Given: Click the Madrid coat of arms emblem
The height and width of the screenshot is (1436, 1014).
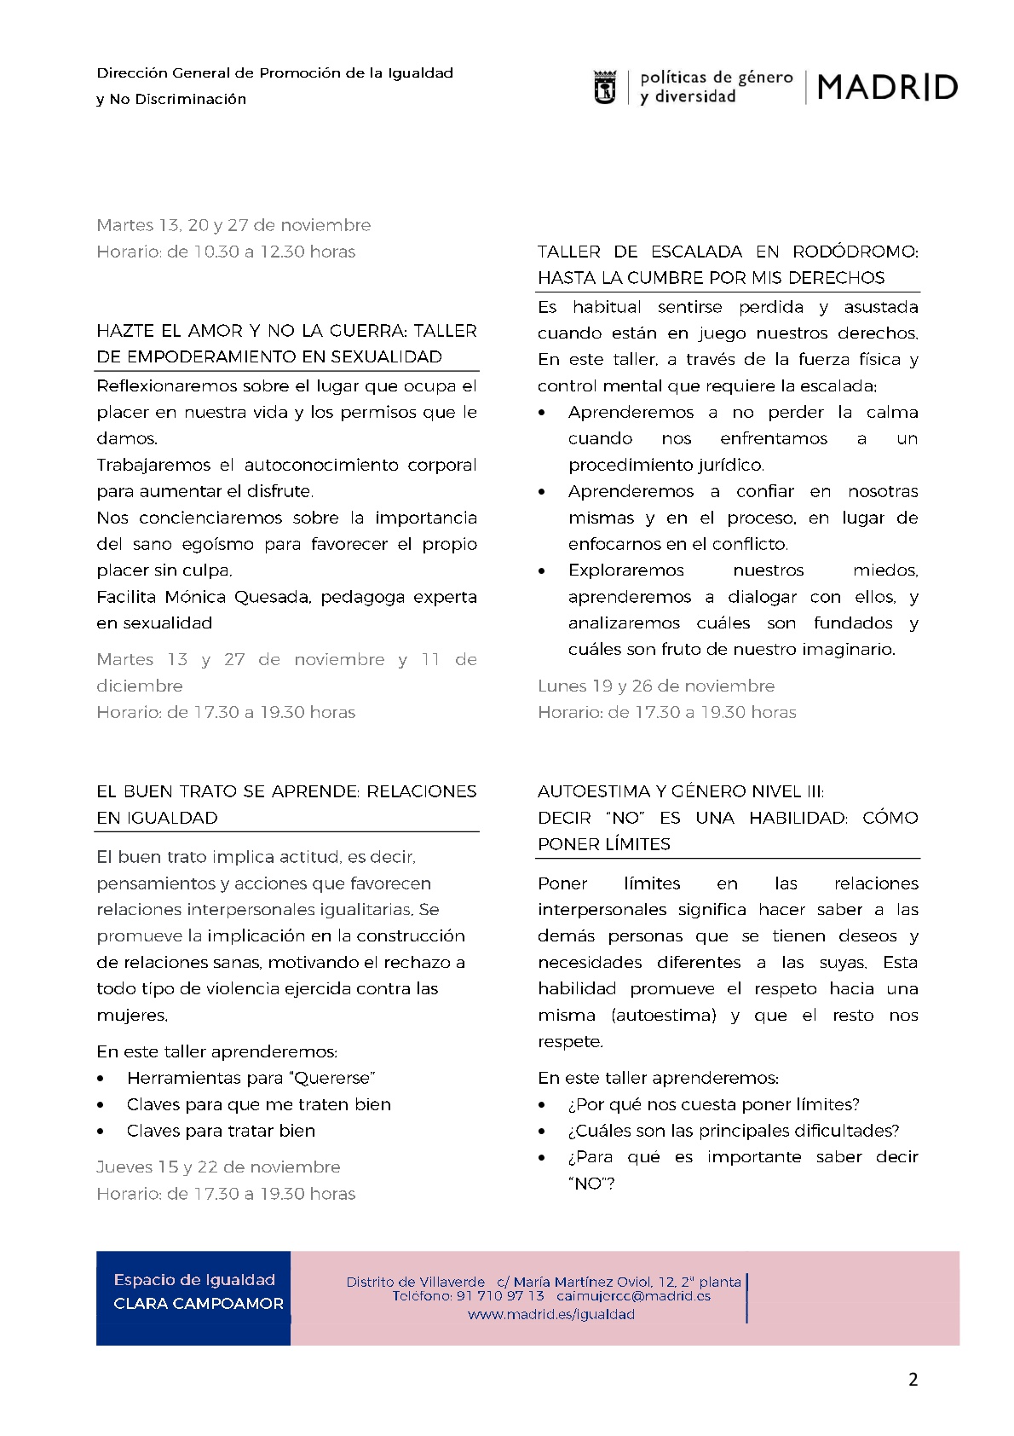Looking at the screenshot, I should [604, 88].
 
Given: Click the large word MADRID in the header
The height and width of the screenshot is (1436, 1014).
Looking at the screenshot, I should [887, 87].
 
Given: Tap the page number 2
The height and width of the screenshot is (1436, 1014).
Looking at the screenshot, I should [913, 1380].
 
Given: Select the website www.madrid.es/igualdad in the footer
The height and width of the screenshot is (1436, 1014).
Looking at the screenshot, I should [551, 1314].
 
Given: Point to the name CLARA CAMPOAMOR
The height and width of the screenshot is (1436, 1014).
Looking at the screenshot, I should [199, 1304].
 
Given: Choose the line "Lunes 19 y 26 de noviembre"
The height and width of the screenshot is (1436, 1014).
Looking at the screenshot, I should [656, 686].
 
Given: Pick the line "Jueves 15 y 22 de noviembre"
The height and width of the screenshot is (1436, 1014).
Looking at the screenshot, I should [218, 1167].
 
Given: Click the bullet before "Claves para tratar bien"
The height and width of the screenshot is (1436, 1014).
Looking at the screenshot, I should [102, 1132].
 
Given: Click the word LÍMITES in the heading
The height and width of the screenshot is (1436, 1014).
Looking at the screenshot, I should [637, 844].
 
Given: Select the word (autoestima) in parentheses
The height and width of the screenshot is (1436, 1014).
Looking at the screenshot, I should [664, 1016].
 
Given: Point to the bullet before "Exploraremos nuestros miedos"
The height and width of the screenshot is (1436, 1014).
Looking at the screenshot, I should [543, 570].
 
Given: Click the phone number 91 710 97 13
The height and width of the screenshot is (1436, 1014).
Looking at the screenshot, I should [500, 1296].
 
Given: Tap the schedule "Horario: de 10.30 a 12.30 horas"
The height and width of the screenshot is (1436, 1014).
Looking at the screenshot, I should [226, 252].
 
